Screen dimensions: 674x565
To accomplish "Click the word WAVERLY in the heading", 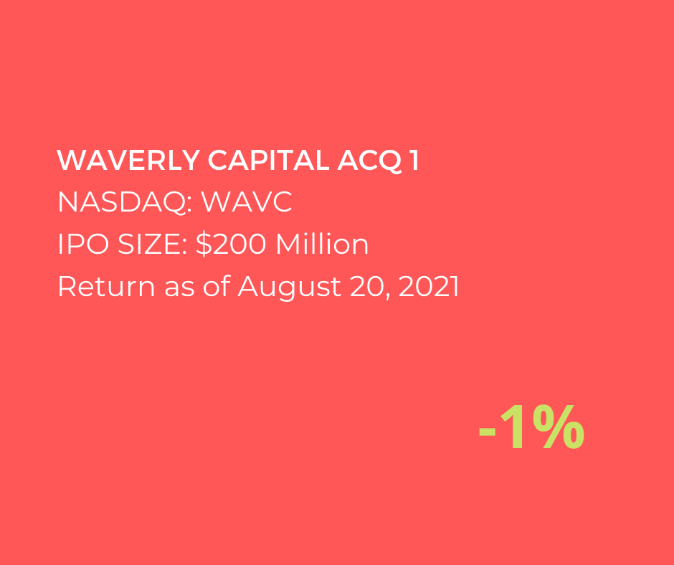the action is [x=128, y=161].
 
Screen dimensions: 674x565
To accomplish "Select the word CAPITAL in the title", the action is [x=269, y=161].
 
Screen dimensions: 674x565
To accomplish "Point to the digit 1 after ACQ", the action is [x=414, y=161].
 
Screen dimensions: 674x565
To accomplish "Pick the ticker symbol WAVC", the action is [x=247, y=201].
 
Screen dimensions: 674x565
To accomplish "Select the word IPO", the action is [x=83, y=244].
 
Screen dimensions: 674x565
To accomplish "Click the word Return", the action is [x=106, y=286].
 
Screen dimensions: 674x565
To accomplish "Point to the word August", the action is [x=289, y=288].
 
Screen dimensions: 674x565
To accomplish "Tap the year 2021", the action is [x=429, y=286].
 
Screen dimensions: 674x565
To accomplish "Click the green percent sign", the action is [x=559, y=427].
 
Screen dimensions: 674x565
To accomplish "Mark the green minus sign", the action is [x=488, y=431].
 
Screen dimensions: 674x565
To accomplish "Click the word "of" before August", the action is [x=217, y=286].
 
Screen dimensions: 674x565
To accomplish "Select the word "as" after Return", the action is [x=179, y=289].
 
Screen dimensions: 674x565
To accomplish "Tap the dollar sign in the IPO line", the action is [x=204, y=244].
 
